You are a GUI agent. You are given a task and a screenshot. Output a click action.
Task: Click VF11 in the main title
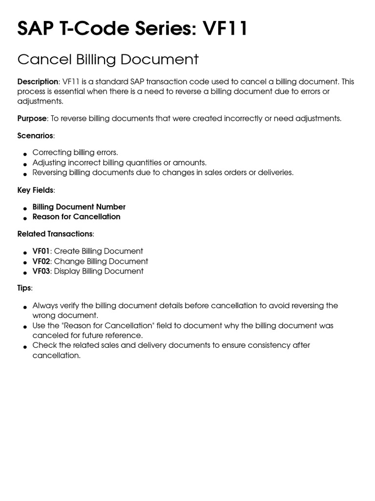coord(225,29)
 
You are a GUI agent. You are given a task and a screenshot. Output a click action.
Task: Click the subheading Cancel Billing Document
coord(108,60)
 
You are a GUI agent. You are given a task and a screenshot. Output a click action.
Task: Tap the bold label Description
coord(38,82)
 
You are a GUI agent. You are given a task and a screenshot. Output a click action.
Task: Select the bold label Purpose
coord(32,118)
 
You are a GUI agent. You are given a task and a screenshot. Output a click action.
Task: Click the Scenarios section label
coord(35,136)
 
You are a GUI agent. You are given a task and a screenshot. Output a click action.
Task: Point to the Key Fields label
coord(35,190)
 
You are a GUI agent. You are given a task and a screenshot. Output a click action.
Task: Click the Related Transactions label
coord(55,234)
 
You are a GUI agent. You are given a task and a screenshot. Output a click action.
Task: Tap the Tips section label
coord(24,288)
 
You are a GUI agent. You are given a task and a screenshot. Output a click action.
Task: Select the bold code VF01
coord(42,251)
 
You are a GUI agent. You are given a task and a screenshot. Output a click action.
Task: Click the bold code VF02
coord(42,261)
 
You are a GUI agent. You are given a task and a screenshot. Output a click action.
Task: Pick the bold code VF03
coord(42,271)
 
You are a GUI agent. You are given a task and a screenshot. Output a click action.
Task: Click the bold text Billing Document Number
coord(79,207)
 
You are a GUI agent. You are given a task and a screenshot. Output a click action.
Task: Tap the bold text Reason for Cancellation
coord(76,217)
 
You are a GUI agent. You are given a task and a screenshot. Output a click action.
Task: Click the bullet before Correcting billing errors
coord(25,154)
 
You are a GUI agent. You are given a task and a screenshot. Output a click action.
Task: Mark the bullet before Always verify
coord(25,307)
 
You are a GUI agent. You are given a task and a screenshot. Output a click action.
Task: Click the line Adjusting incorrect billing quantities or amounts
coord(120,162)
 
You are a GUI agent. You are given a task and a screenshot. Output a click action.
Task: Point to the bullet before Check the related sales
coord(25,347)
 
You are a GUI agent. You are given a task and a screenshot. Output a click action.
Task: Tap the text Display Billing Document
coord(99,271)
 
